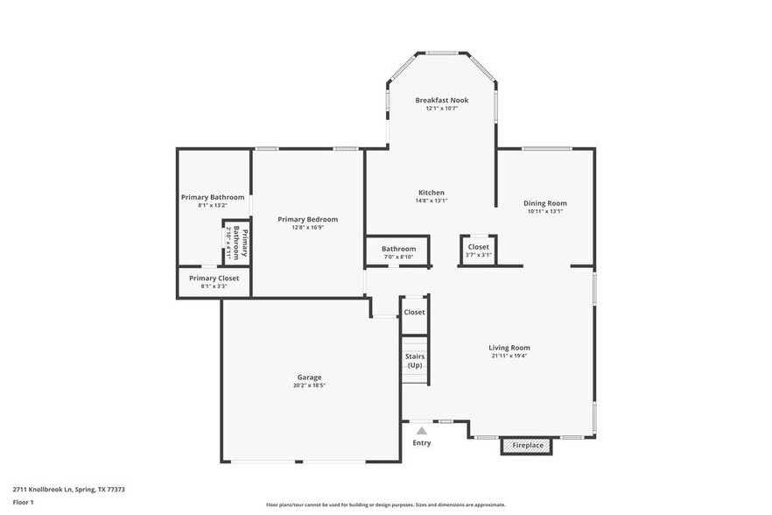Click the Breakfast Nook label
click(441, 101)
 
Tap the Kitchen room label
click(431, 193)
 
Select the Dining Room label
click(545, 203)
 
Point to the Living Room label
click(509, 348)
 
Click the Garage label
click(309, 377)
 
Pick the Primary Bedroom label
click(307, 219)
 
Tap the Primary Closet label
click(214, 278)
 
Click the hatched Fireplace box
click(527, 446)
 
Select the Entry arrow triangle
click(422, 430)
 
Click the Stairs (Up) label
click(415, 360)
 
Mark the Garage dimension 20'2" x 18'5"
click(309, 385)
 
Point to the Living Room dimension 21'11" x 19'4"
click(509, 356)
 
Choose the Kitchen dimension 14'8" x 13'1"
click(431, 201)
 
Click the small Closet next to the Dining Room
click(479, 250)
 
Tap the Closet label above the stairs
click(414, 312)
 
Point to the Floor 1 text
click(23, 502)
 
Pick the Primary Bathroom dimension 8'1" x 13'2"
click(213, 206)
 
